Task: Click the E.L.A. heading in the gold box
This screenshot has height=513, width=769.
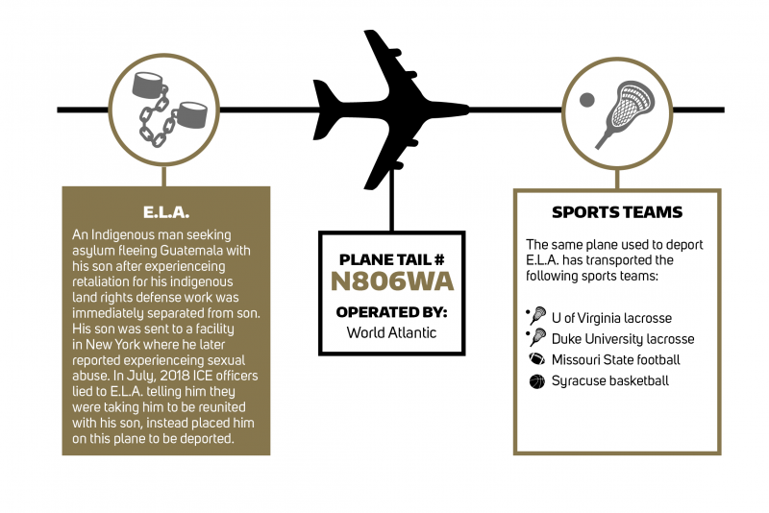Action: click(166, 212)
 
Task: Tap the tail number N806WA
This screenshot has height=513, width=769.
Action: click(392, 281)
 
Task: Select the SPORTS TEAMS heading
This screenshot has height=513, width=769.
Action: click(617, 212)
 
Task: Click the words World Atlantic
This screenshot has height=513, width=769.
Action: click(391, 332)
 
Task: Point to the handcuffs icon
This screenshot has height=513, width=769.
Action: click(167, 109)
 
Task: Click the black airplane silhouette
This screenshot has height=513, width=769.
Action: click(391, 110)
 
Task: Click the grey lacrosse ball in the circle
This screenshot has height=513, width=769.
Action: click(586, 100)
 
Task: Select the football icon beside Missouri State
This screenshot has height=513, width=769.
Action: click(537, 359)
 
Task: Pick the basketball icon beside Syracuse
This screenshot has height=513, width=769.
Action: click(537, 381)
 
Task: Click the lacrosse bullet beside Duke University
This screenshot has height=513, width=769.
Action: click(537, 337)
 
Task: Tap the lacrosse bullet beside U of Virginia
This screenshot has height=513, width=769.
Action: click(537, 315)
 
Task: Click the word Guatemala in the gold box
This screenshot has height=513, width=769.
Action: click(192, 251)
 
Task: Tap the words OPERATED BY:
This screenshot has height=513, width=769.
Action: click(391, 312)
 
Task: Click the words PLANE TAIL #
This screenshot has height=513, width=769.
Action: click(391, 259)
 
